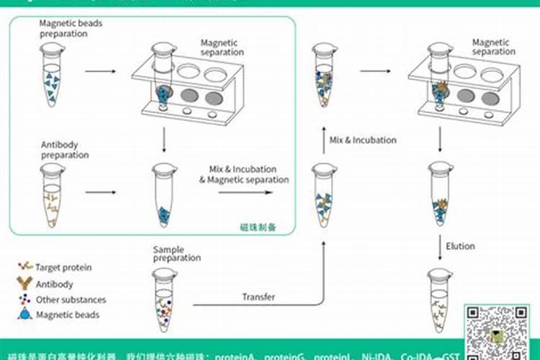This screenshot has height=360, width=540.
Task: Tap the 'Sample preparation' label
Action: [x=176, y=254]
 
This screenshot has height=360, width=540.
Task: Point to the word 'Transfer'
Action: [x=258, y=297]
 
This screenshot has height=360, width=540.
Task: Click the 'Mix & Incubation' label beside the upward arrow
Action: [x=363, y=140]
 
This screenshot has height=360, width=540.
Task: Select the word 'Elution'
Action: [x=460, y=246]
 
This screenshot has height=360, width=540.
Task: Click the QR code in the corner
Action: [x=498, y=328]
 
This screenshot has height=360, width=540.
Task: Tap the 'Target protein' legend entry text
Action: [x=64, y=268]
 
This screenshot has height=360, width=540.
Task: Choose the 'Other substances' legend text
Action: [x=71, y=300]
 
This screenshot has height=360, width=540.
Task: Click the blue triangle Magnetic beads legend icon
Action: [x=25, y=314]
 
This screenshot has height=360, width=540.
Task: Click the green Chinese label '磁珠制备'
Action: [x=258, y=227]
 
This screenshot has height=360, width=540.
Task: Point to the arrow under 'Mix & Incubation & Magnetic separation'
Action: [x=245, y=192]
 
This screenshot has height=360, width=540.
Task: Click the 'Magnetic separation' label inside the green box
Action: [x=223, y=48]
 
